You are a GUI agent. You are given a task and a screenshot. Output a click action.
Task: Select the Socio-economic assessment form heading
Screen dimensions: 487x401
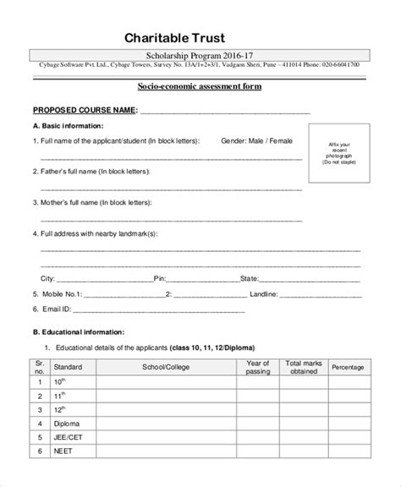tap(200, 87)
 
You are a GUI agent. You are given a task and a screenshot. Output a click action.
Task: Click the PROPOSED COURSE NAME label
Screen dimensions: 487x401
tap(85, 110)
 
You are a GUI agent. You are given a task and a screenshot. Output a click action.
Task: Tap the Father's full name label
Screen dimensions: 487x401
tap(95, 171)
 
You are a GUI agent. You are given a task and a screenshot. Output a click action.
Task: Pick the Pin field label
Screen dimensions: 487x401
tap(159, 277)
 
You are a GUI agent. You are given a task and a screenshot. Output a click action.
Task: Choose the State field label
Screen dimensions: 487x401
tap(249, 277)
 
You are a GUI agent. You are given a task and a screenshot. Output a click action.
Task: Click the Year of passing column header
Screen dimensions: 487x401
tap(257, 367)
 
